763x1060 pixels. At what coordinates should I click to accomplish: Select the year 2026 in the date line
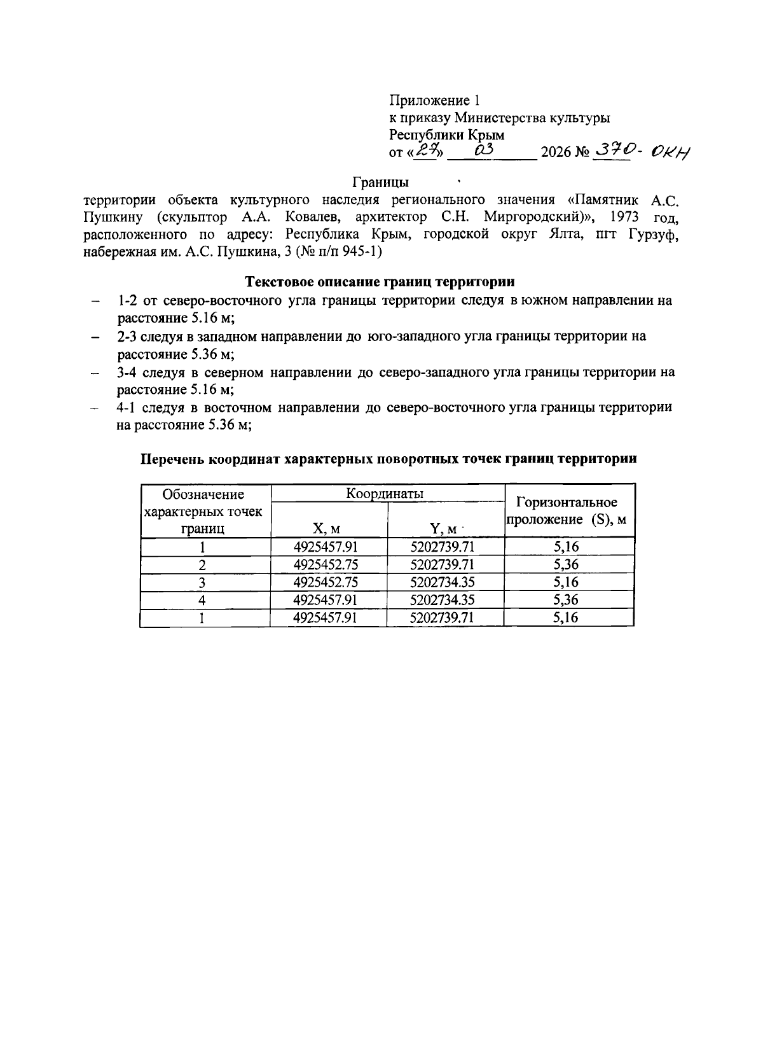(555, 153)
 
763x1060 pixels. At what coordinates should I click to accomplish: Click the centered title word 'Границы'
(381, 183)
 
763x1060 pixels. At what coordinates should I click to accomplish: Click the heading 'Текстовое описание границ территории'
(380, 281)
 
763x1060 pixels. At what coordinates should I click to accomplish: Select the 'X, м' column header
(326, 527)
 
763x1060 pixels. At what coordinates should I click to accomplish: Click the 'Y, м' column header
(443, 527)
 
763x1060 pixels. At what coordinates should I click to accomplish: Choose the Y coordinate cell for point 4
(443, 600)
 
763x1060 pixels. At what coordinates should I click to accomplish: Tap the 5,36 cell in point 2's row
(566, 564)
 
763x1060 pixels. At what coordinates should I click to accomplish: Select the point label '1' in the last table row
(202, 618)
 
